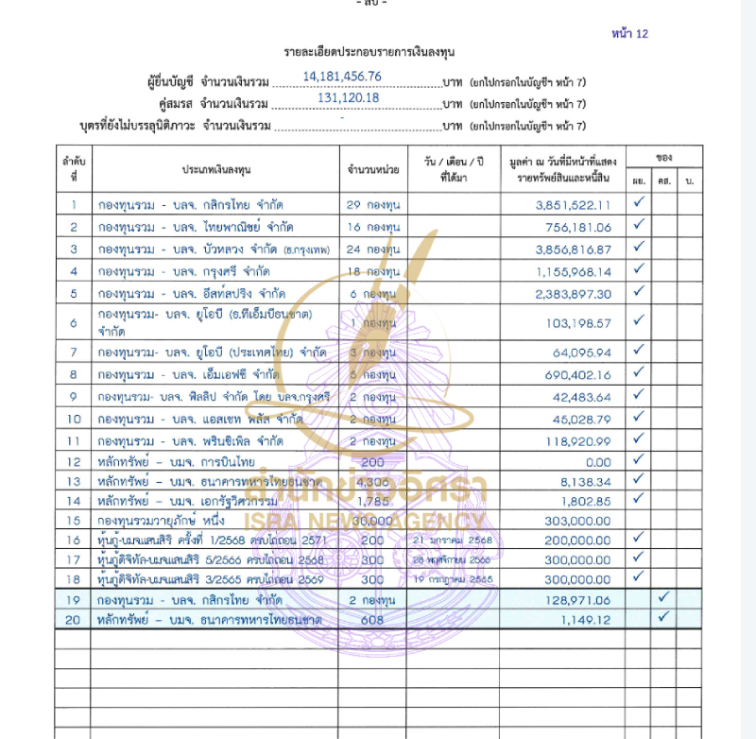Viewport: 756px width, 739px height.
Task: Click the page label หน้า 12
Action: coord(629,34)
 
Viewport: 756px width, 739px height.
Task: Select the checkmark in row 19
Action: coord(663,597)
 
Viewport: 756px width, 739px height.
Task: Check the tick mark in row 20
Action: coord(663,617)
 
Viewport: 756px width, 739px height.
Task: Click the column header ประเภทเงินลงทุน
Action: coord(215,169)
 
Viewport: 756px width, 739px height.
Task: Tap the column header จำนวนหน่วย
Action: coord(373,169)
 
